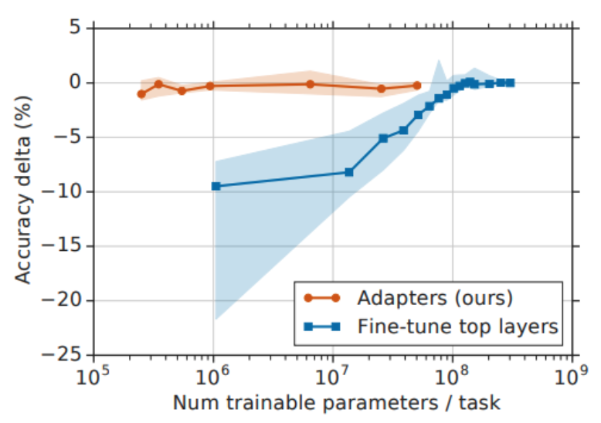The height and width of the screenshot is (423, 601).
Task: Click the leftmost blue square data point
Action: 216,186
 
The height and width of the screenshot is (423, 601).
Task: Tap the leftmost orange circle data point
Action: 141,94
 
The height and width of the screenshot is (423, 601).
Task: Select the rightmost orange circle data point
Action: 417,86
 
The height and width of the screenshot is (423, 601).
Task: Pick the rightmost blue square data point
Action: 510,83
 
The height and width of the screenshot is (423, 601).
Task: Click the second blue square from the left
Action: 349,172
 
